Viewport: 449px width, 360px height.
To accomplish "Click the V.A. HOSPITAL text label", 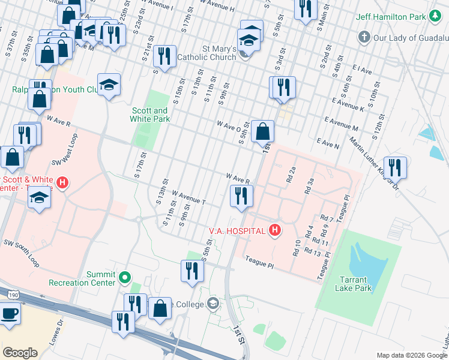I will pyautogui.click(x=237, y=230).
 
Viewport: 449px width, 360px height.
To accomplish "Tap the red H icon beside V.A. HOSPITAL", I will pyautogui.click(x=275, y=230).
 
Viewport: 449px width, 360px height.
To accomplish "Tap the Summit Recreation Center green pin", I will pyautogui.click(x=125, y=278).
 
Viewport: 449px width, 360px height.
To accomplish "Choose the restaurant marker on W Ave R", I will pyautogui.click(x=241, y=196).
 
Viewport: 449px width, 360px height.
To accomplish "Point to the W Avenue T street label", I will pyautogui.click(x=188, y=198).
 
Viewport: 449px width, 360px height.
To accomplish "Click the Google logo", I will pyautogui.click(x=20, y=353).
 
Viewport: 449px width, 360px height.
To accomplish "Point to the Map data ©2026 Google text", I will pyautogui.click(x=412, y=355).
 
